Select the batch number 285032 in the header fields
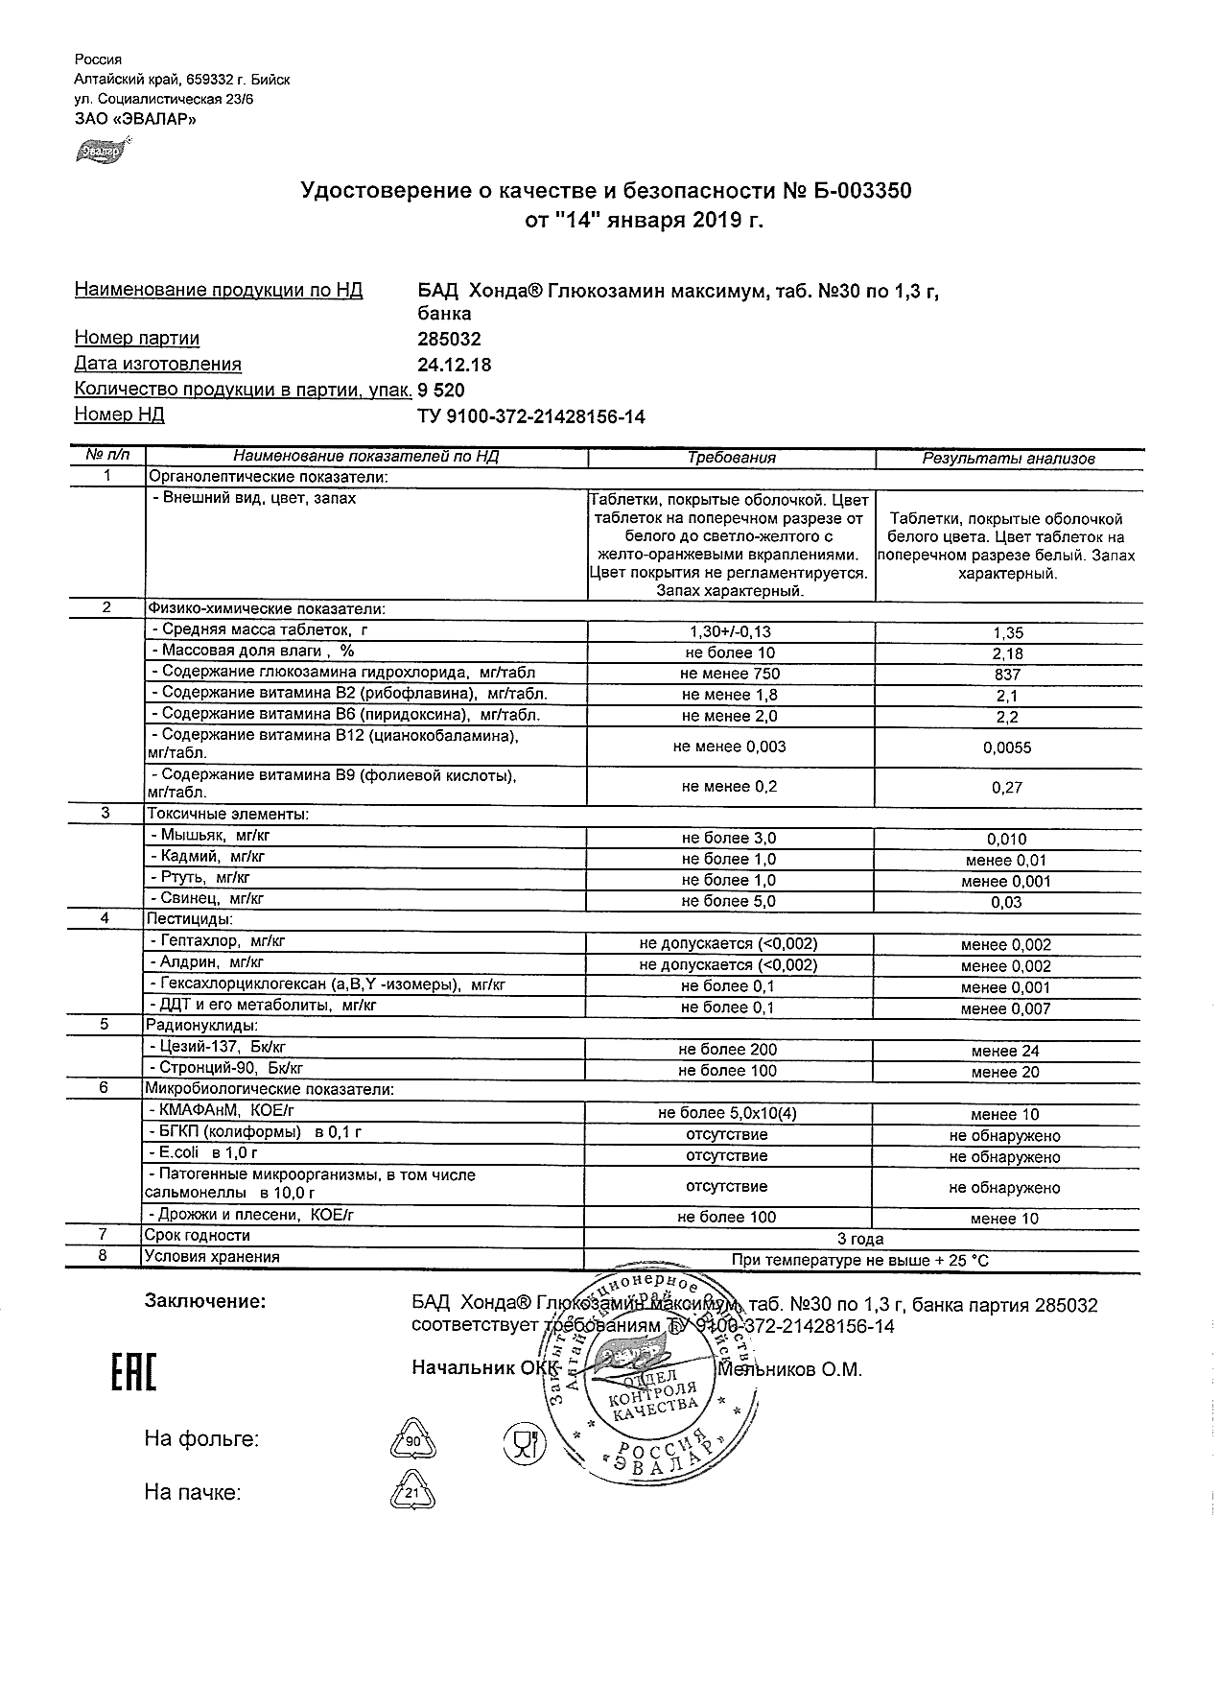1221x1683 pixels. pos(449,339)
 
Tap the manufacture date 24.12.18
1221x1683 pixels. pos(454,365)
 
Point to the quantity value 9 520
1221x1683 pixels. pos(441,391)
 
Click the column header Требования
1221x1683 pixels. pos(731,459)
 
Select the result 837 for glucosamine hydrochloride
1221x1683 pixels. pos(1007,675)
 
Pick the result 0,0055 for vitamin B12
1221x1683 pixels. pos(1007,747)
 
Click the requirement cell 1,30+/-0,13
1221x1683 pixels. pos(730,632)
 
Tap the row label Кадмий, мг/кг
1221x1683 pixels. pos(212,857)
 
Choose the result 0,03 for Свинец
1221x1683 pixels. pos(1007,902)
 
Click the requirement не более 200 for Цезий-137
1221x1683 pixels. pos(727,1050)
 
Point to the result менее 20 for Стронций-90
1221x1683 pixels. pos(1005,1072)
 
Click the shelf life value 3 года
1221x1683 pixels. pos(860,1239)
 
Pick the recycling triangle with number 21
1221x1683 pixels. pos(412,1494)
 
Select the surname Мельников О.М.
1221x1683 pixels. pos(790,1369)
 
